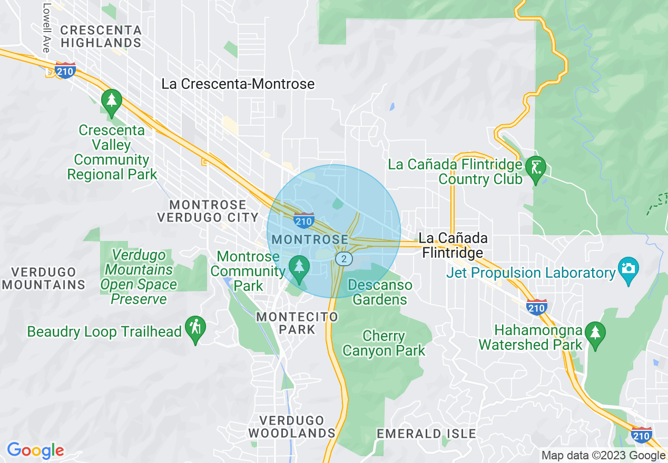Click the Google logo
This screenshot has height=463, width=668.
pyautogui.click(x=35, y=450)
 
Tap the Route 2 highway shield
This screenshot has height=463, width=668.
pyautogui.click(x=343, y=258)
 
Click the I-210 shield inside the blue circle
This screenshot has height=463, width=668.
pyautogui.click(x=304, y=220)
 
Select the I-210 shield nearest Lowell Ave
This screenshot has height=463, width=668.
pyautogui.click(x=65, y=71)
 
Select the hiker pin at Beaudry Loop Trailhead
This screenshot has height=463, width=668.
pyautogui.click(x=195, y=328)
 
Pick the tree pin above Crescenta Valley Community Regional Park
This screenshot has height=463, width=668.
pyautogui.click(x=112, y=101)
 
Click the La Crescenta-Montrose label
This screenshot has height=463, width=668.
pyautogui.click(x=238, y=84)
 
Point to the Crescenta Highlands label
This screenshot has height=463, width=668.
pyautogui.click(x=101, y=36)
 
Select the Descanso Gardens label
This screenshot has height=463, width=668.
pyautogui.click(x=380, y=293)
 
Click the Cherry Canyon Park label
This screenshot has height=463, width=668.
pyautogui.click(x=384, y=343)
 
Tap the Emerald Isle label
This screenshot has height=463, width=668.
pyautogui.click(x=426, y=434)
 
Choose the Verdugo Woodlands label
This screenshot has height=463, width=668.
pyautogui.click(x=292, y=427)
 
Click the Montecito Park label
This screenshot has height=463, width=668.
pyautogui.click(x=297, y=323)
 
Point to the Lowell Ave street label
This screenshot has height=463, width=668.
pyautogui.click(x=46, y=28)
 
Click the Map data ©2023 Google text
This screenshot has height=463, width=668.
pyautogui.click(x=604, y=456)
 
